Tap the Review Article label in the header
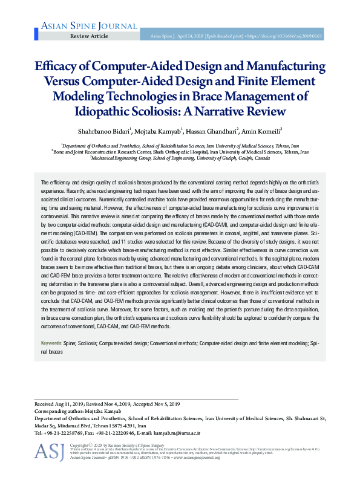(89, 36)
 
